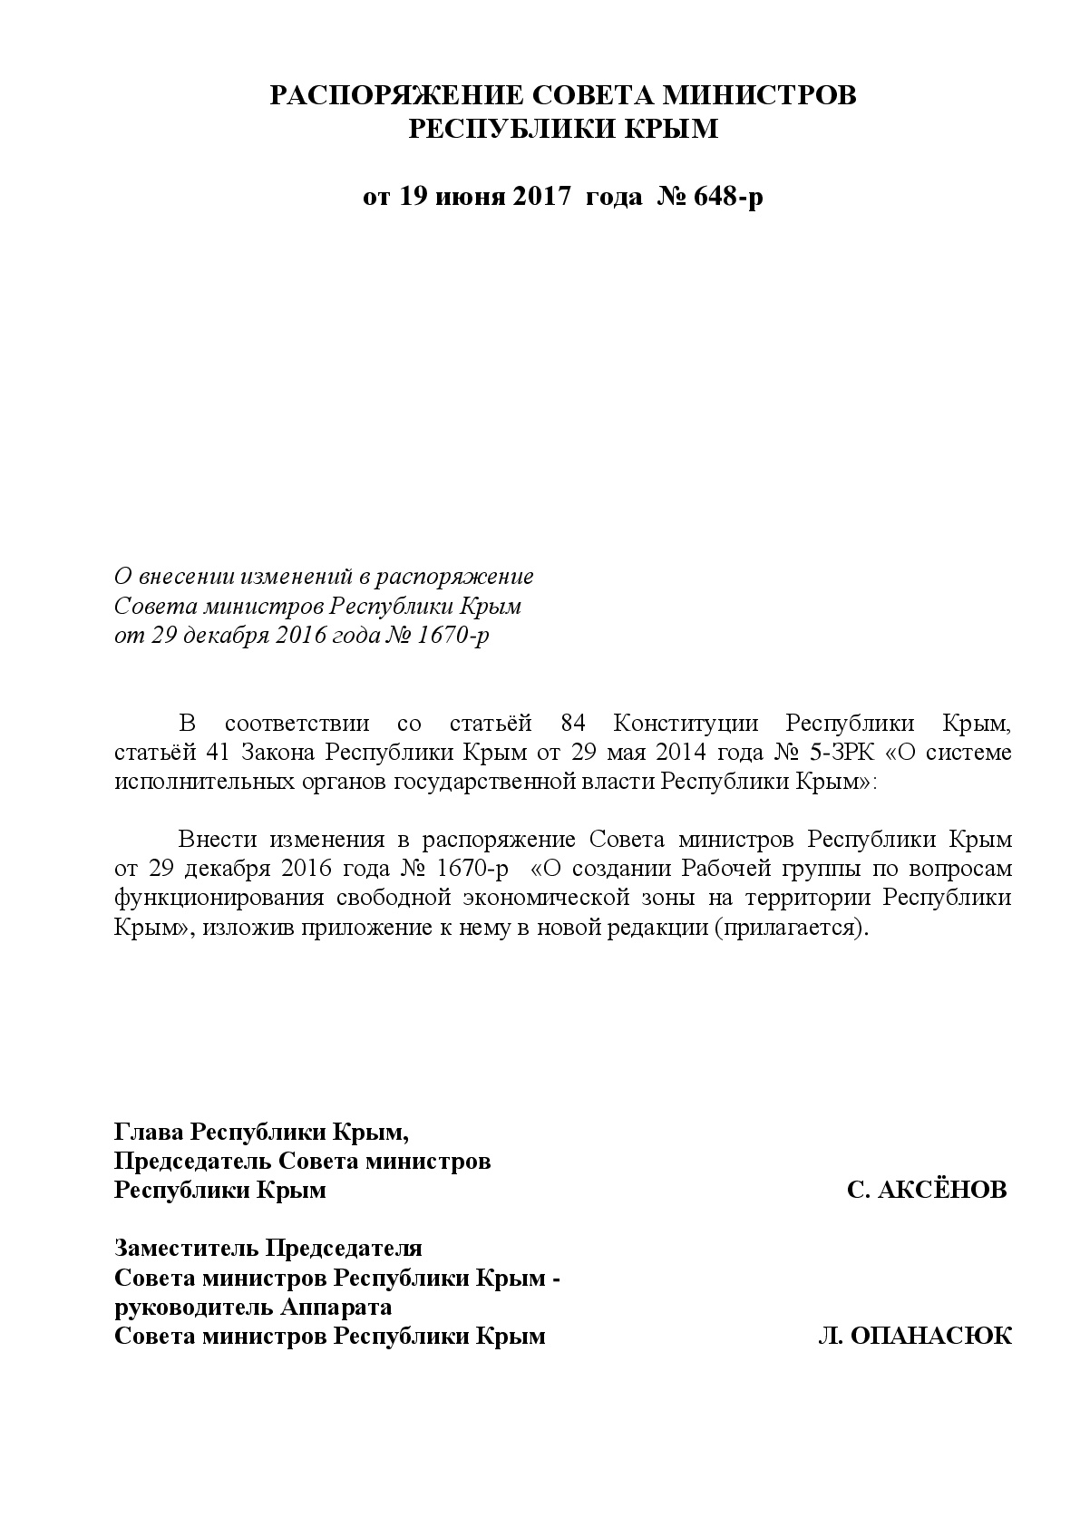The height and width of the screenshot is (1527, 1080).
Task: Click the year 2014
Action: click(x=680, y=752)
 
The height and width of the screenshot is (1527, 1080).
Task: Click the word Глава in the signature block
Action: click(x=150, y=1132)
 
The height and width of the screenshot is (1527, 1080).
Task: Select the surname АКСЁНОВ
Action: click(x=942, y=1190)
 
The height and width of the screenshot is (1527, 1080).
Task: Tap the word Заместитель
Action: click(x=185, y=1248)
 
